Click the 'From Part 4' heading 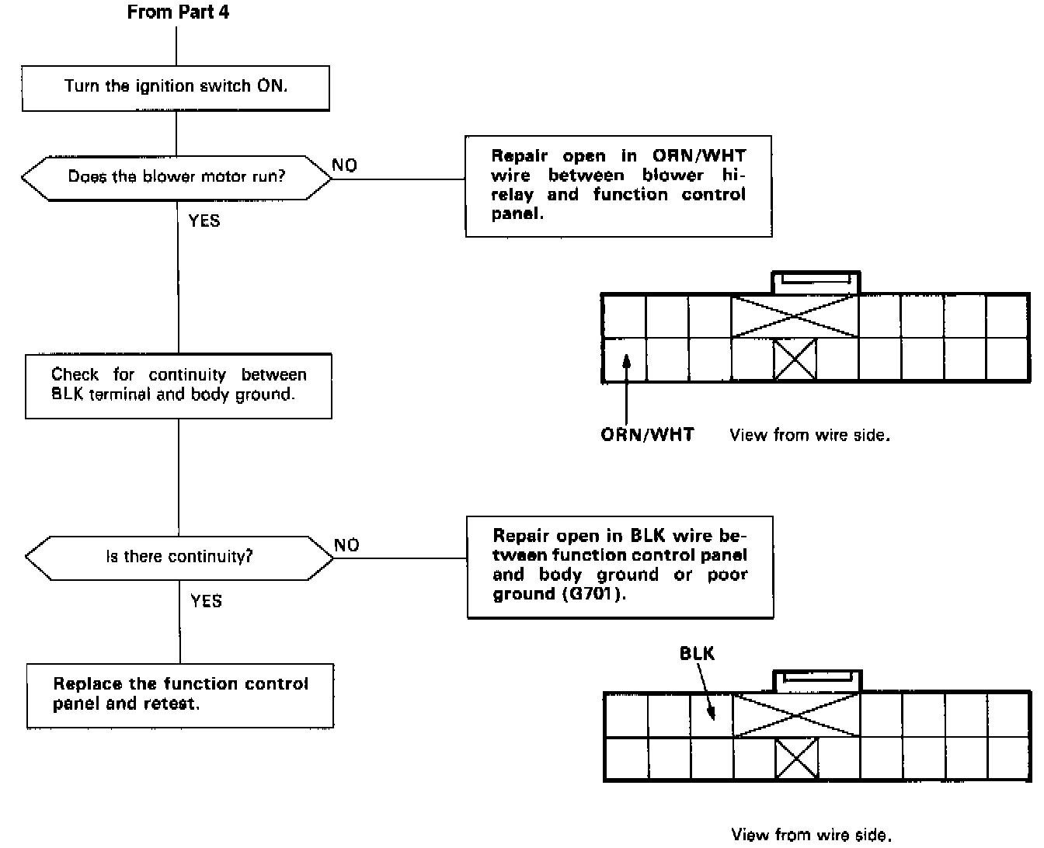(178, 12)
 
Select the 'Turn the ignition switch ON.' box (176, 87)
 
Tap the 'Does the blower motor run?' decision (176, 177)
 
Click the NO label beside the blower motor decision (344, 165)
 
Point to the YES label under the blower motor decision (204, 221)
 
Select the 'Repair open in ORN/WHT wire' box (618, 185)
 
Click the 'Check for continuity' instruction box (179, 385)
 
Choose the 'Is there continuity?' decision (179, 557)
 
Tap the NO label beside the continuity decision (346, 545)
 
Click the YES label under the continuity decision (206, 601)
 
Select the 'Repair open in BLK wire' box (620, 565)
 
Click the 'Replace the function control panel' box (180, 694)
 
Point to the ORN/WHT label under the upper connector (647, 435)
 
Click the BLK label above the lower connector (697, 653)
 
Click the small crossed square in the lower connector (797, 758)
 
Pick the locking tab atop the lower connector (816, 679)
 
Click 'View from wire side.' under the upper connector (809, 436)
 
